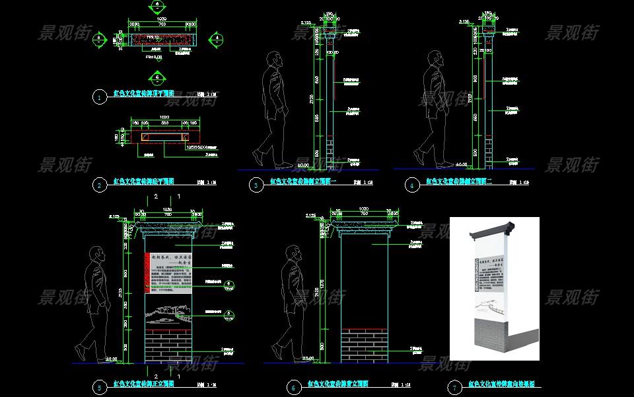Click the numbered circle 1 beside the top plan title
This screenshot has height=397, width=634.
coord(99,97)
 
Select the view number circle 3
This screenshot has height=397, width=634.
coord(256,186)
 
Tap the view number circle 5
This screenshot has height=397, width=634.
coord(99,388)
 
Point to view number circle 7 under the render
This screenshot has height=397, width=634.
coord(454,388)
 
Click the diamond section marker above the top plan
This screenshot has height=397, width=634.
coord(157,6)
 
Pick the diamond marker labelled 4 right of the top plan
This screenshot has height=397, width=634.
coord(217,38)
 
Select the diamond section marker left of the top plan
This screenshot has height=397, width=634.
coord(99,39)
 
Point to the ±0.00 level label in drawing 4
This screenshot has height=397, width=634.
coord(462,163)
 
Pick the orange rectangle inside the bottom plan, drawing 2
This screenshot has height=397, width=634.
coord(163,137)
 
